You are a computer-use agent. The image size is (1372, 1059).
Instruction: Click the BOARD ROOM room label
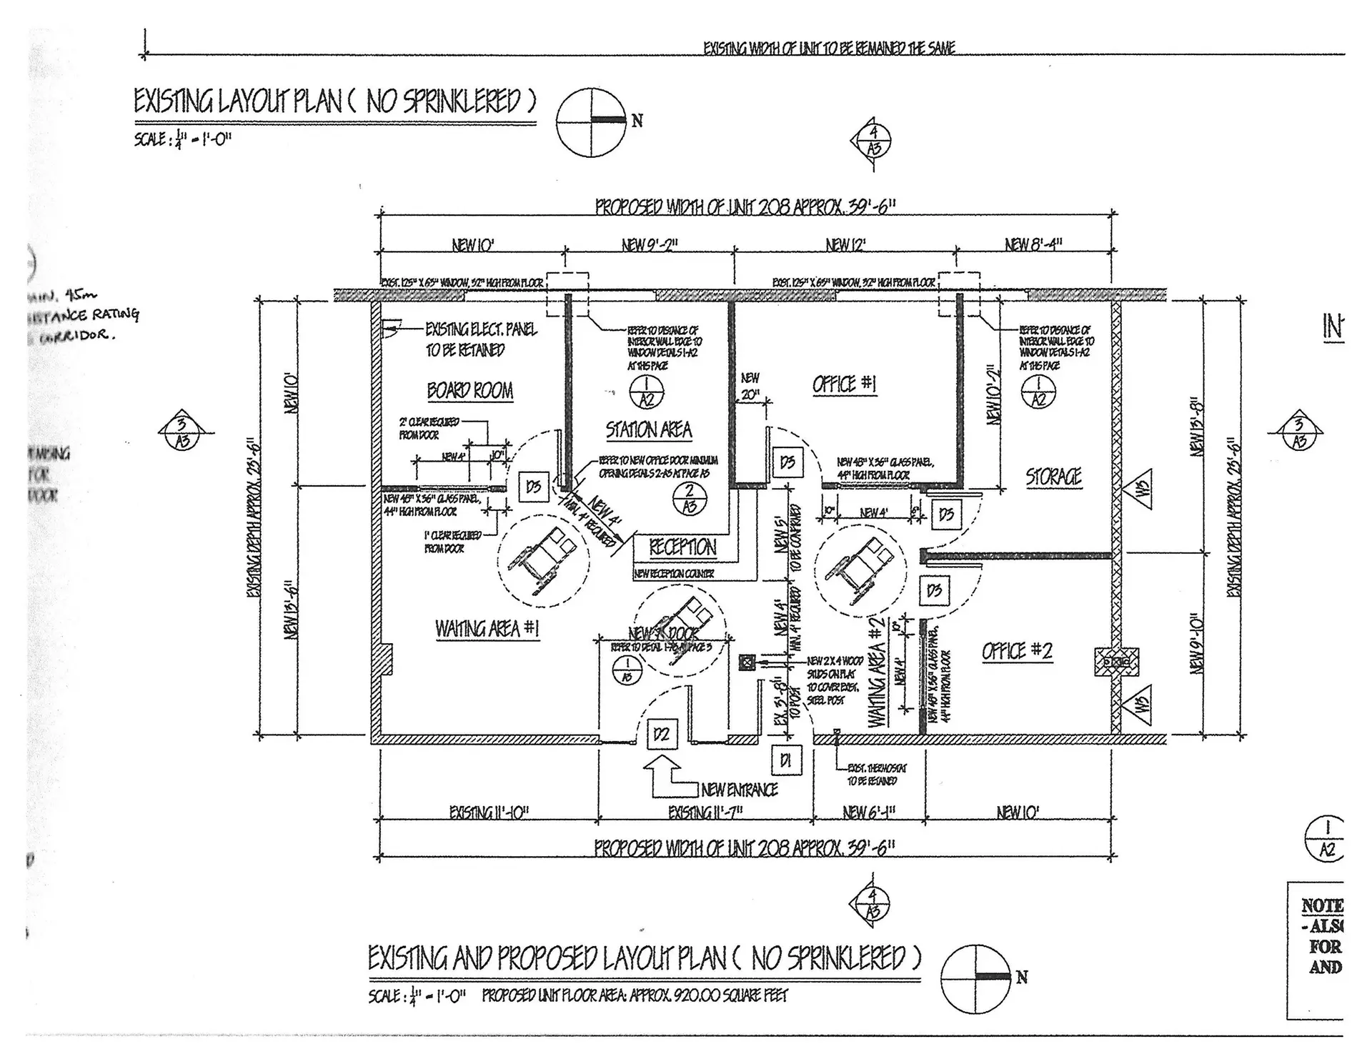tap(469, 391)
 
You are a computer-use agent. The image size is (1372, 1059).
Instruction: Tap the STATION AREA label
tap(649, 430)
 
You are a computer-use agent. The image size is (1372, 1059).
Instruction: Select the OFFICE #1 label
tap(844, 384)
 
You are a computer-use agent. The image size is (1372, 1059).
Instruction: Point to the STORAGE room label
tap(1053, 477)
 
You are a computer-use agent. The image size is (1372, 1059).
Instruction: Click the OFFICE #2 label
tap(1017, 651)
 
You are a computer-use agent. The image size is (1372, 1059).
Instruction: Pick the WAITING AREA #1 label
tap(487, 629)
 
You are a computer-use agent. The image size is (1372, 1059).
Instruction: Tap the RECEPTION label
tap(682, 548)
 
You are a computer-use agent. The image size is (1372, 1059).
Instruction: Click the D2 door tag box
tap(662, 735)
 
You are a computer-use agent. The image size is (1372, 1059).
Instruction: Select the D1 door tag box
tap(786, 761)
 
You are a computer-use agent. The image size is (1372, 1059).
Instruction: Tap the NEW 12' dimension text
tap(845, 245)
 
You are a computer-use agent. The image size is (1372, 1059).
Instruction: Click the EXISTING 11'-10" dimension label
tap(489, 812)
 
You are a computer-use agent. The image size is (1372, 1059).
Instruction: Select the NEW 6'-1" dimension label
tap(869, 812)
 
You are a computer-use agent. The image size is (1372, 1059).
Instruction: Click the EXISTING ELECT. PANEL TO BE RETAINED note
tap(480, 339)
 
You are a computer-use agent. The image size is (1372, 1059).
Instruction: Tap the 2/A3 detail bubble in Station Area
tap(690, 499)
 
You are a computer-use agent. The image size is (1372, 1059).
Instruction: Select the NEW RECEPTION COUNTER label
tap(674, 573)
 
